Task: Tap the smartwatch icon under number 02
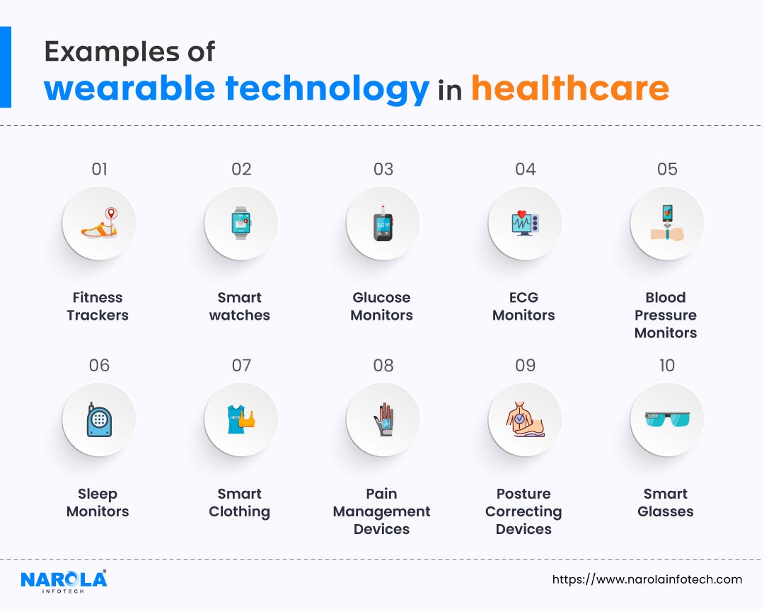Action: click(x=241, y=224)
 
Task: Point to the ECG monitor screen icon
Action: click(x=525, y=224)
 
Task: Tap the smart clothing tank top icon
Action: click(x=241, y=419)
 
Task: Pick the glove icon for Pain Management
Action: click(x=383, y=419)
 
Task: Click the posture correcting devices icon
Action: click(x=525, y=419)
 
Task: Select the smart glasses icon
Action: click(x=667, y=419)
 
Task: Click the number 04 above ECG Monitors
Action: click(x=525, y=169)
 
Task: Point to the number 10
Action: click(x=667, y=365)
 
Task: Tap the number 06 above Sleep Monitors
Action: click(x=99, y=365)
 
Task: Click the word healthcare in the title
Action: click(x=569, y=89)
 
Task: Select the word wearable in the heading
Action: click(x=129, y=89)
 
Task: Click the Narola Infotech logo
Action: click(x=64, y=581)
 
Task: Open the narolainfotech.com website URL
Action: click(x=647, y=579)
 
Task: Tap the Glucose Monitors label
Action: click(x=382, y=306)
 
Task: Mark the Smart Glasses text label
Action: click(x=666, y=502)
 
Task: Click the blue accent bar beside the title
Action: click(x=6, y=67)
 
